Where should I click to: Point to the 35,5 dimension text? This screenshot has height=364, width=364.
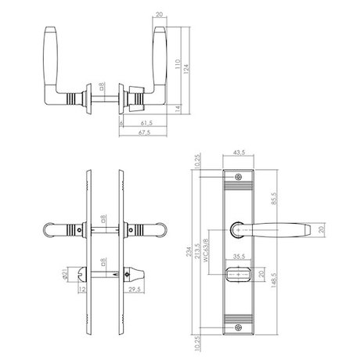pyautogui.click(x=240, y=255)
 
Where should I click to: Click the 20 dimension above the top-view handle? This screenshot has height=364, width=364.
pyautogui.click(x=160, y=14)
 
